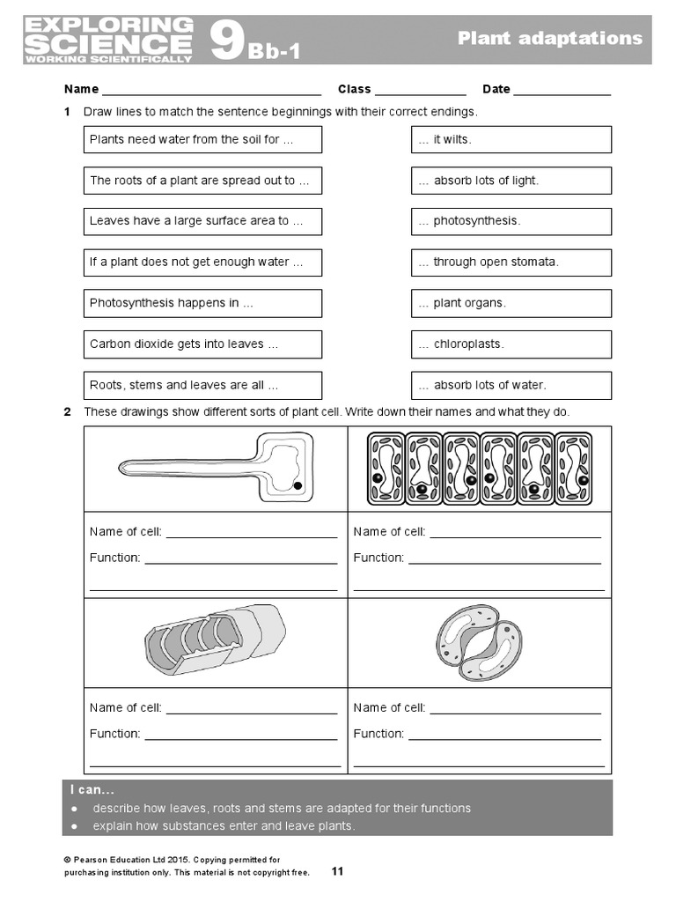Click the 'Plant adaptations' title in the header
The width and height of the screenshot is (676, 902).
tap(550, 38)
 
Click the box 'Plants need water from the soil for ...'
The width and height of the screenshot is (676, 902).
tap(202, 139)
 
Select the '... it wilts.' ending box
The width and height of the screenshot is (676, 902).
tap(511, 139)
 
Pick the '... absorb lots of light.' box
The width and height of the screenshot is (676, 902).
tap(511, 181)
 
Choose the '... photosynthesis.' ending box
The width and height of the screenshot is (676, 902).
tap(511, 221)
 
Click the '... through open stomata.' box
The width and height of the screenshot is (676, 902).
tap(511, 262)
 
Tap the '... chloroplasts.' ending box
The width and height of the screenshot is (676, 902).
tap(511, 344)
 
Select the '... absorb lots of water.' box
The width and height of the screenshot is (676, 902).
tap(511, 385)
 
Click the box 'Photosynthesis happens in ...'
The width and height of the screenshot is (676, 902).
tap(202, 303)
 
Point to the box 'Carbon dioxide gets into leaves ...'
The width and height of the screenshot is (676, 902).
tap(202, 344)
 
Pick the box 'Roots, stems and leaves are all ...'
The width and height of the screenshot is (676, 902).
tap(202, 385)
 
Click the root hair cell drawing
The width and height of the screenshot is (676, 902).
tap(216, 466)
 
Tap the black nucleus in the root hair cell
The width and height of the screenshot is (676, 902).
tap(298, 485)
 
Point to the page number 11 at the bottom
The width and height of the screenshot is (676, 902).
tap(337, 871)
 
